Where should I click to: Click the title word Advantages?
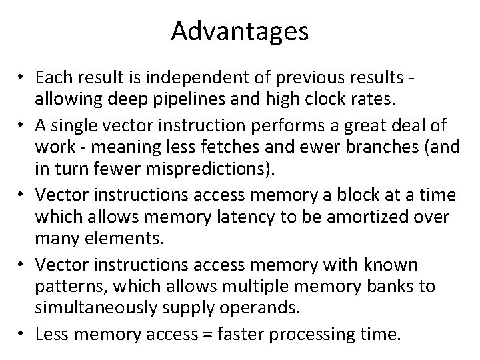[240, 32]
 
